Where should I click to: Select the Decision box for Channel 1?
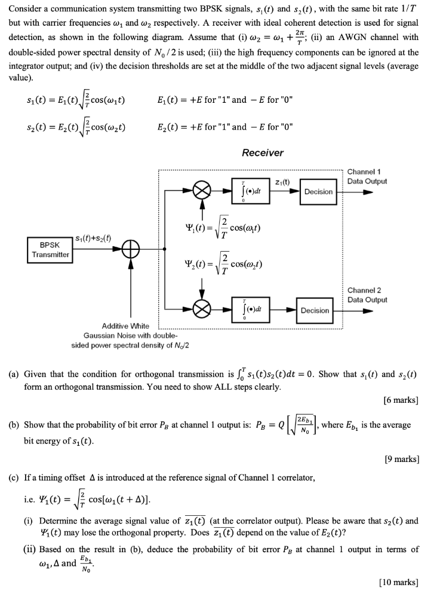click(x=318, y=191)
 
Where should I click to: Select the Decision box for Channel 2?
click(x=315, y=310)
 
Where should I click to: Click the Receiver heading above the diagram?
click(x=263, y=153)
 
